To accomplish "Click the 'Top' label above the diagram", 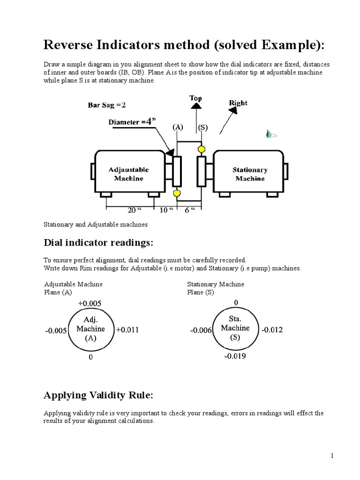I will click(195, 97).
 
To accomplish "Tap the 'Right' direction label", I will click(238, 103).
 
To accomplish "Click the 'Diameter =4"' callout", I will click(132, 121).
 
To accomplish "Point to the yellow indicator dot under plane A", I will click(177, 193).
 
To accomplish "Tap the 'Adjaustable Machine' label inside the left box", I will click(128, 174).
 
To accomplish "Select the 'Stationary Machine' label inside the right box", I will click(250, 174).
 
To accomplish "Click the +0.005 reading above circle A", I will click(90, 303).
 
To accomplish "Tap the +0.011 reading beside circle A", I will click(127, 330).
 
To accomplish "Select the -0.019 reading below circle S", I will click(235, 356).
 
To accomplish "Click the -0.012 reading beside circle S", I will click(272, 330).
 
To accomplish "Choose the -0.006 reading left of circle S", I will click(201, 330).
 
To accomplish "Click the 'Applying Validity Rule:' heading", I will click(98, 395).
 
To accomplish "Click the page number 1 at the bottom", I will click(331, 456).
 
